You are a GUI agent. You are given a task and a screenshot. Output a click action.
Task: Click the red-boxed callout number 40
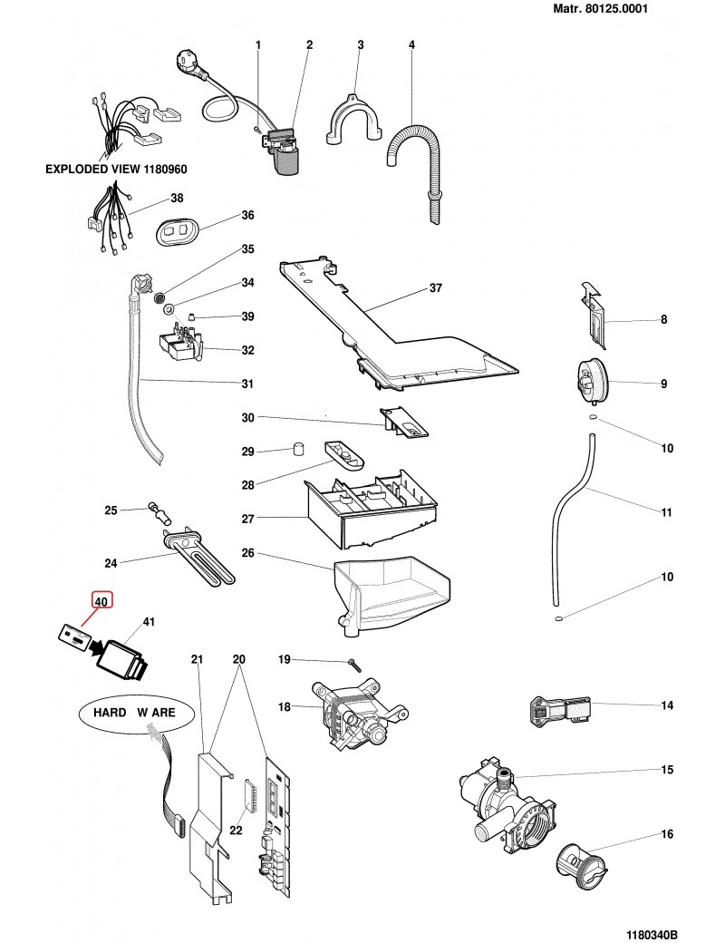click(101, 600)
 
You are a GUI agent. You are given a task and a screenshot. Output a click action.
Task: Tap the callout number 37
click(435, 289)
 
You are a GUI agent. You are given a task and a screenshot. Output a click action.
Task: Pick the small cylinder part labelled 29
click(295, 449)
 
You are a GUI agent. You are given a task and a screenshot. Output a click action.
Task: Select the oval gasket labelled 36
click(176, 232)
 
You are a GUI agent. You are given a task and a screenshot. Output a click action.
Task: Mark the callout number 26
click(246, 552)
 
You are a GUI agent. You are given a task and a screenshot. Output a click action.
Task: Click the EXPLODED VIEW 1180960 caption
click(116, 170)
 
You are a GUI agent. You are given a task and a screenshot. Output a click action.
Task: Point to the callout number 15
click(666, 770)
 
